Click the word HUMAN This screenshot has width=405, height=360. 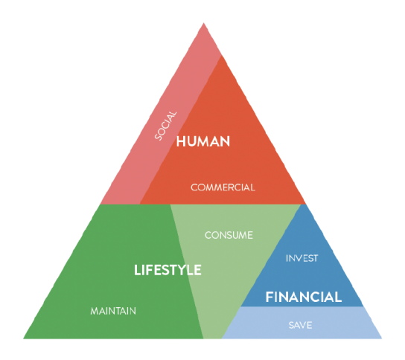203,141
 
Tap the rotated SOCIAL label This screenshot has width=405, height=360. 165,126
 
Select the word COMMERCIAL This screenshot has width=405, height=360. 223,187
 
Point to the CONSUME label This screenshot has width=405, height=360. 229,235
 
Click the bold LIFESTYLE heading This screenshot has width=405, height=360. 168,270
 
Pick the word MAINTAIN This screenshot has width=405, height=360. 113,311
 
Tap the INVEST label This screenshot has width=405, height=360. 302,258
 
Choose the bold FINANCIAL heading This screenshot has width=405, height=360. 304,297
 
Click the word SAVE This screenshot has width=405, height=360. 300,325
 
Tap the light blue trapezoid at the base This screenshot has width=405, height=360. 302,323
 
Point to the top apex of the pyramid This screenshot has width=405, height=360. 203,23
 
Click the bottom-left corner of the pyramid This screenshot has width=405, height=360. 24,338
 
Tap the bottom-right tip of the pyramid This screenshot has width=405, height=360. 382,338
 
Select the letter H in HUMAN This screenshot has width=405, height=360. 181,141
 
